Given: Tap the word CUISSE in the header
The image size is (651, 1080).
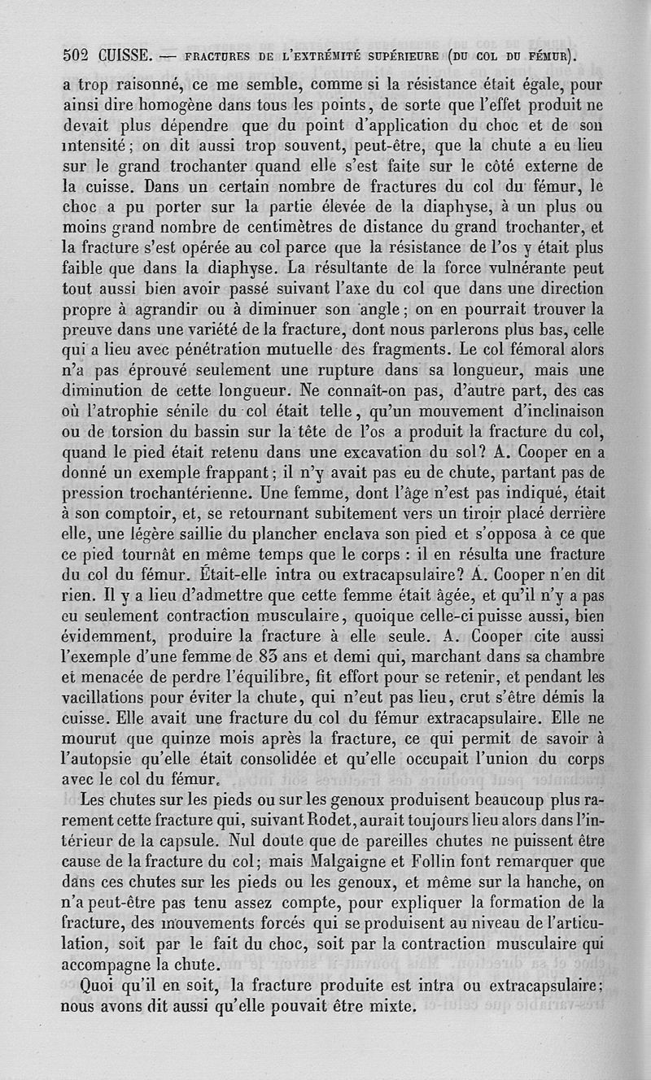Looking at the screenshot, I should tap(123, 57).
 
